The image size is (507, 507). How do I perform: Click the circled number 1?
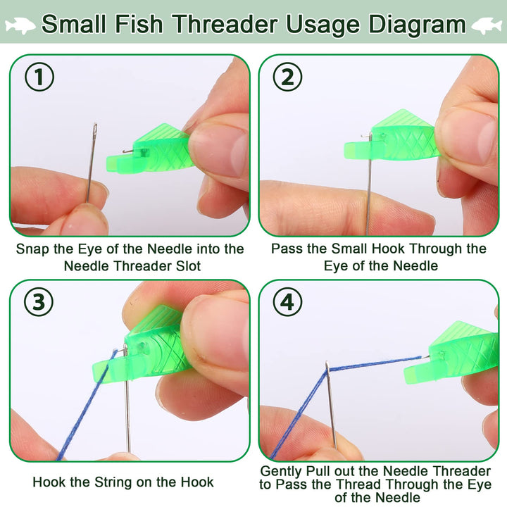tap(39, 77)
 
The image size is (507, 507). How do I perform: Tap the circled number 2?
tap(287, 77)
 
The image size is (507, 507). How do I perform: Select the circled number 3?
tap(39, 301)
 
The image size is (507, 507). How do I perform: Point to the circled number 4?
tap(287, 302)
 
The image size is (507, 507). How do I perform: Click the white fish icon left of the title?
tap(20, 25)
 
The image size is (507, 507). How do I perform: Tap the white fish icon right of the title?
tap(487, 25)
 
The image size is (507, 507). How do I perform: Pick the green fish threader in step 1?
tap(149, 149)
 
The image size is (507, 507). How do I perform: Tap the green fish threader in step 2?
tap(392, 136)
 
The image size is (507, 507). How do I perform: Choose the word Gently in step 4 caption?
tap(281, 472)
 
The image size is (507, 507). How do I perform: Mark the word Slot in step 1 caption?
tap(189, 266)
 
